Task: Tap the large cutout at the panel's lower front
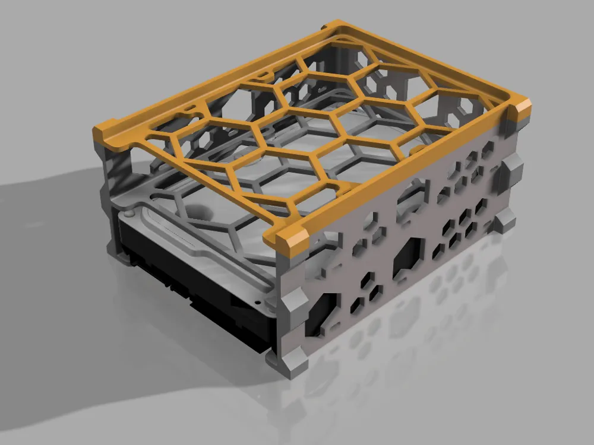[x=321, y=311]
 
